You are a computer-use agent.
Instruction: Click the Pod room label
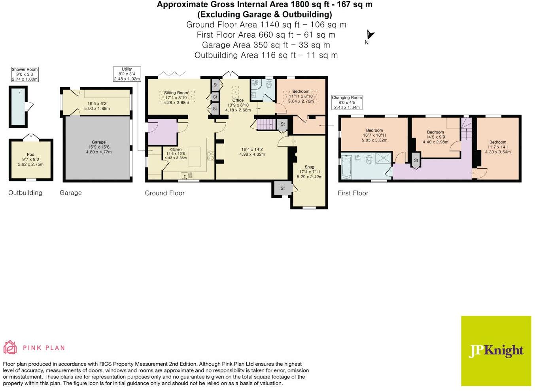[30, 154]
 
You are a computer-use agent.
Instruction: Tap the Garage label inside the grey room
[98, 142]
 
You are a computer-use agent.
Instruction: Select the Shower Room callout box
[25, 74]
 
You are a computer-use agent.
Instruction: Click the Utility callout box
[127, 74]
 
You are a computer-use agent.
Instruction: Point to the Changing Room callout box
[347, 102]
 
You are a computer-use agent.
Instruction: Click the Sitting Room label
[176, 93]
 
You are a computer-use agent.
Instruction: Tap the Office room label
[238, 100]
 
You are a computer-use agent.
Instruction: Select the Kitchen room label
[176, 150]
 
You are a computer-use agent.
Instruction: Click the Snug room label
[309, 167]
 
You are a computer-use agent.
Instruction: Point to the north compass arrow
[370, 36]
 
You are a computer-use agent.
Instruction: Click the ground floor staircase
[265, 124]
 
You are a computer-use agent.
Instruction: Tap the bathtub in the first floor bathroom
[347, 166]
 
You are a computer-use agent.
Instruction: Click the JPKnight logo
[496, 351]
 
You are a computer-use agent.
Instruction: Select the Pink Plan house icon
[10, 347]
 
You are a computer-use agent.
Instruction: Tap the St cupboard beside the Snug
[282, 189]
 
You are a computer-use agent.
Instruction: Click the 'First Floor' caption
[353, 193]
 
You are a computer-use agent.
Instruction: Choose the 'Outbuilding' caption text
[25, 193]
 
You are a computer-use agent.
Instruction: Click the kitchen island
[194, 154]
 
